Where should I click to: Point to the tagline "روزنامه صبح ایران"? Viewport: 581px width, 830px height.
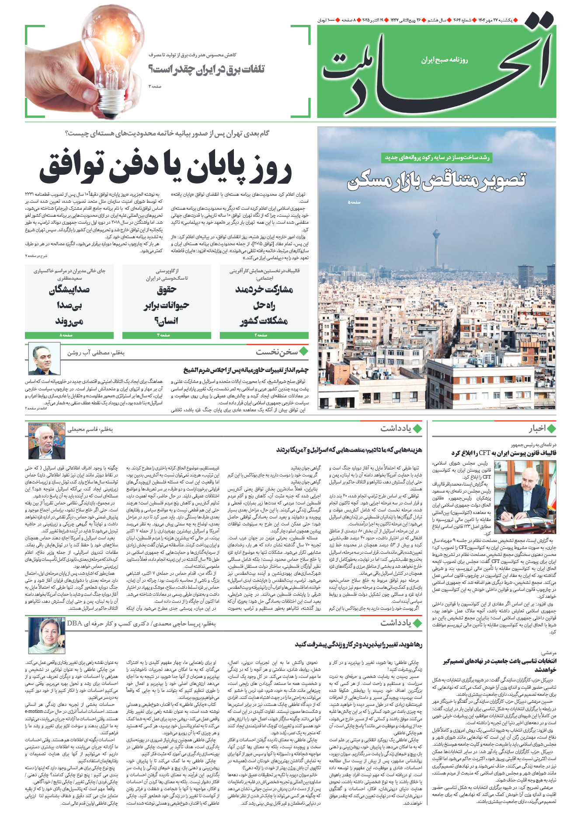point(444,60)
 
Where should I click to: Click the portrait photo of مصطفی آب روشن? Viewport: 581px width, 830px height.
point(44,359)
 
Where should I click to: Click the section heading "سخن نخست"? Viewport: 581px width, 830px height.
point(277,352)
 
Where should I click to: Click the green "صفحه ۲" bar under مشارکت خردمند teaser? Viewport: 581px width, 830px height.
point(264,335)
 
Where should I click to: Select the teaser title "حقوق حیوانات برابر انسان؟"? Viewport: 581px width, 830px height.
point(166,305)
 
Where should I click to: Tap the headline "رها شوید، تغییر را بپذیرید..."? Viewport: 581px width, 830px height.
point(358,644)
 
